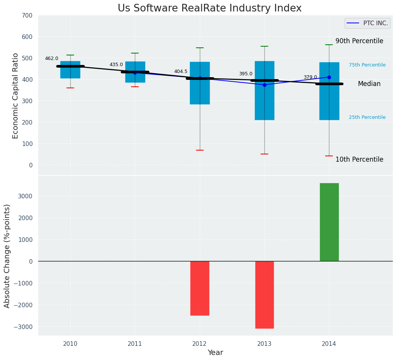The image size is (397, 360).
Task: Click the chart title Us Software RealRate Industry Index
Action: tap(209, 8)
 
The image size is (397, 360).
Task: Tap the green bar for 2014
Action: tap(329, 222)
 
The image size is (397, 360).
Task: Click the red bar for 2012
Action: tap(199, 288)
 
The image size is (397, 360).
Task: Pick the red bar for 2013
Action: tap(264, 295)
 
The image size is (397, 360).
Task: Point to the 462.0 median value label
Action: tap(52, 58)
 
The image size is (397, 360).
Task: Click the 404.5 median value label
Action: tap(181, 71)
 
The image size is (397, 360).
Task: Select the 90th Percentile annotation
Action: tap(359, 41)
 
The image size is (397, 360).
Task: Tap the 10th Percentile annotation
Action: tap(359, 159)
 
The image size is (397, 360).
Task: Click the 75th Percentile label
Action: tap(367, 65)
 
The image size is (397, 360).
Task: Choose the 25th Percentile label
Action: tap(367, 117)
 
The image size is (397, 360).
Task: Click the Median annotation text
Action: tap(369, 84)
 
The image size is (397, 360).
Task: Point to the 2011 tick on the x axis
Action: tap(135, 344)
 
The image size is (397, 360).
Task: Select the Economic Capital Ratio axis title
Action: tap(16, 96)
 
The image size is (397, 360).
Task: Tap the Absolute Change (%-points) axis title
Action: tap(7, 256)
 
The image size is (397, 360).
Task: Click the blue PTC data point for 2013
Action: tap(264, 85)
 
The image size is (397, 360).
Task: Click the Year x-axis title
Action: tap(215, 353)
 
